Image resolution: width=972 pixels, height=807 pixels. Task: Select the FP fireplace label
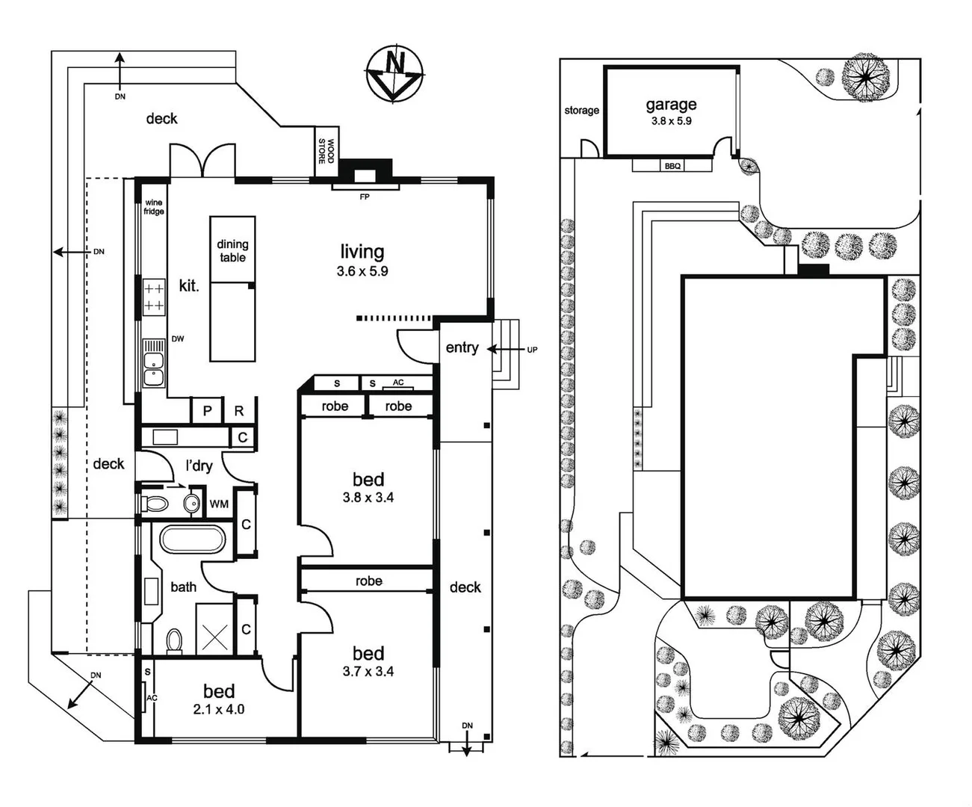pos(365,197)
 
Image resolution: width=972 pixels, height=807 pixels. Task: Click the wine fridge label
pos(154,207)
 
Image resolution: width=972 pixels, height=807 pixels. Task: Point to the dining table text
pos(232,250)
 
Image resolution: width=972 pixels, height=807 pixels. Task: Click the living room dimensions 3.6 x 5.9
pos(362,271)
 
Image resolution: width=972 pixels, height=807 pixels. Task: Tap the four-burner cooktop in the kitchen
pos(154,296)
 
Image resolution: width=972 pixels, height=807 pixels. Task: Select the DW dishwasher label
pos(178,338)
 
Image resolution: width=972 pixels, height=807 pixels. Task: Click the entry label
pos(462,347)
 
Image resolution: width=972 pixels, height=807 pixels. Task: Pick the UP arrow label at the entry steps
pos(531,349)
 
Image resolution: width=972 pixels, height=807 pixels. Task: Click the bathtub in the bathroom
pos(192,540)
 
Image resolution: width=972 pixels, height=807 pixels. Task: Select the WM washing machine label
pos(219,504)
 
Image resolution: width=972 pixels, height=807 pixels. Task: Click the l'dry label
pos(199,466)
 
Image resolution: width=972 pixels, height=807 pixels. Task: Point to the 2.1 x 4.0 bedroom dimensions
pos(218,709)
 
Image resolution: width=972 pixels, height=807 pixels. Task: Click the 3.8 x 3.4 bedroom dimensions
pos(368,497)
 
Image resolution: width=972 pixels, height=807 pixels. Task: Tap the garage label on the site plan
pos(671,105)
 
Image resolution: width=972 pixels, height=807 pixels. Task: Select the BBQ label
pos(672,166)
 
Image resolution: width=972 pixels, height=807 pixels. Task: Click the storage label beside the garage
pos(581,111)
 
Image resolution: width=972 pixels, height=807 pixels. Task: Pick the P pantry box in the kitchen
pos(208,411)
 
